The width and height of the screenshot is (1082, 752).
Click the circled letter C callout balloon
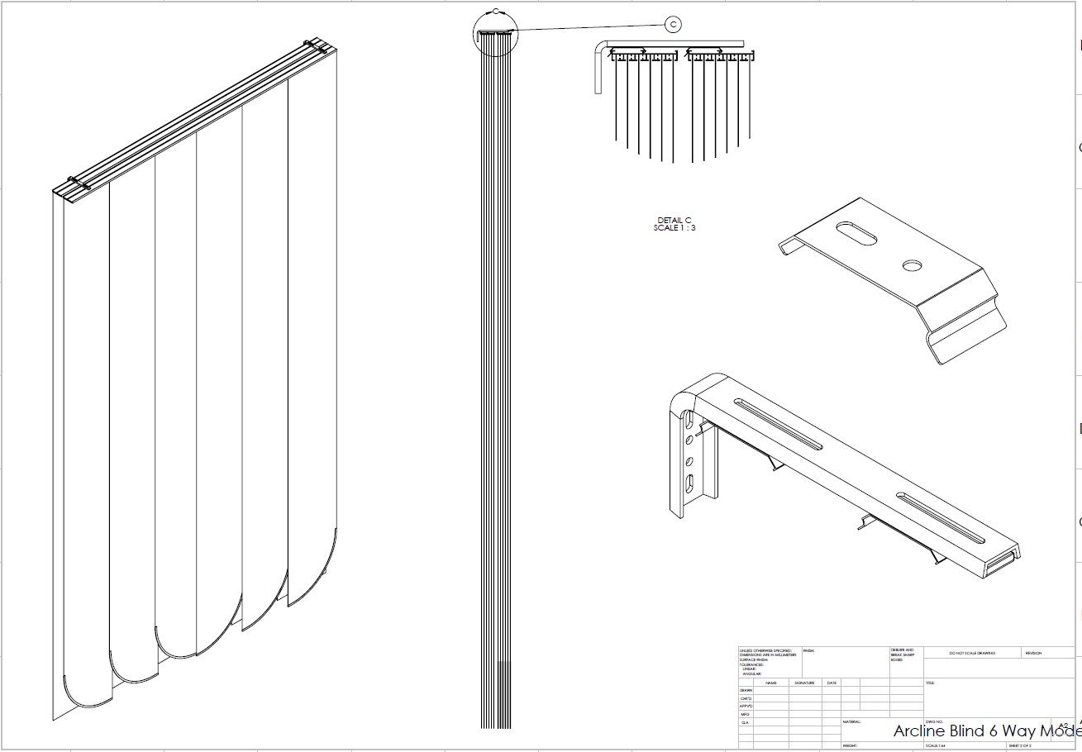tap(674, 25)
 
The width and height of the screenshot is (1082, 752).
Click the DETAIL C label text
tap(674, 220)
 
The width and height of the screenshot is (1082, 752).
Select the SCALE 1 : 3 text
tap(674, 228)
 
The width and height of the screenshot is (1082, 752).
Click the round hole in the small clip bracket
tap(913, 264)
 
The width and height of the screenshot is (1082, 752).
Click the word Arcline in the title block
tap(922, 731)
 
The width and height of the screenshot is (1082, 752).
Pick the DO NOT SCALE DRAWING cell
tap(972, 654)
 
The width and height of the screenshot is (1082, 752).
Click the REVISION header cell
tap(1033, 654)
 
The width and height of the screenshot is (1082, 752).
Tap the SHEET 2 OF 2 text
tap(1020, 746)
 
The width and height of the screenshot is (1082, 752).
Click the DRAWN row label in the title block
tap(746, 691)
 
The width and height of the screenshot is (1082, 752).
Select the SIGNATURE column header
tap(804, 683)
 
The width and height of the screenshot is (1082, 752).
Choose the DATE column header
tap(832, 683)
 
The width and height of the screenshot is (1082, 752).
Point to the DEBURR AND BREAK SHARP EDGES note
tap(903, 654)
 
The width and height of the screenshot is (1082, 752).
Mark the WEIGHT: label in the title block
tap(850, 746)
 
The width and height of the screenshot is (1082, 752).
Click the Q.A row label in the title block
tap(745, 722)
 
